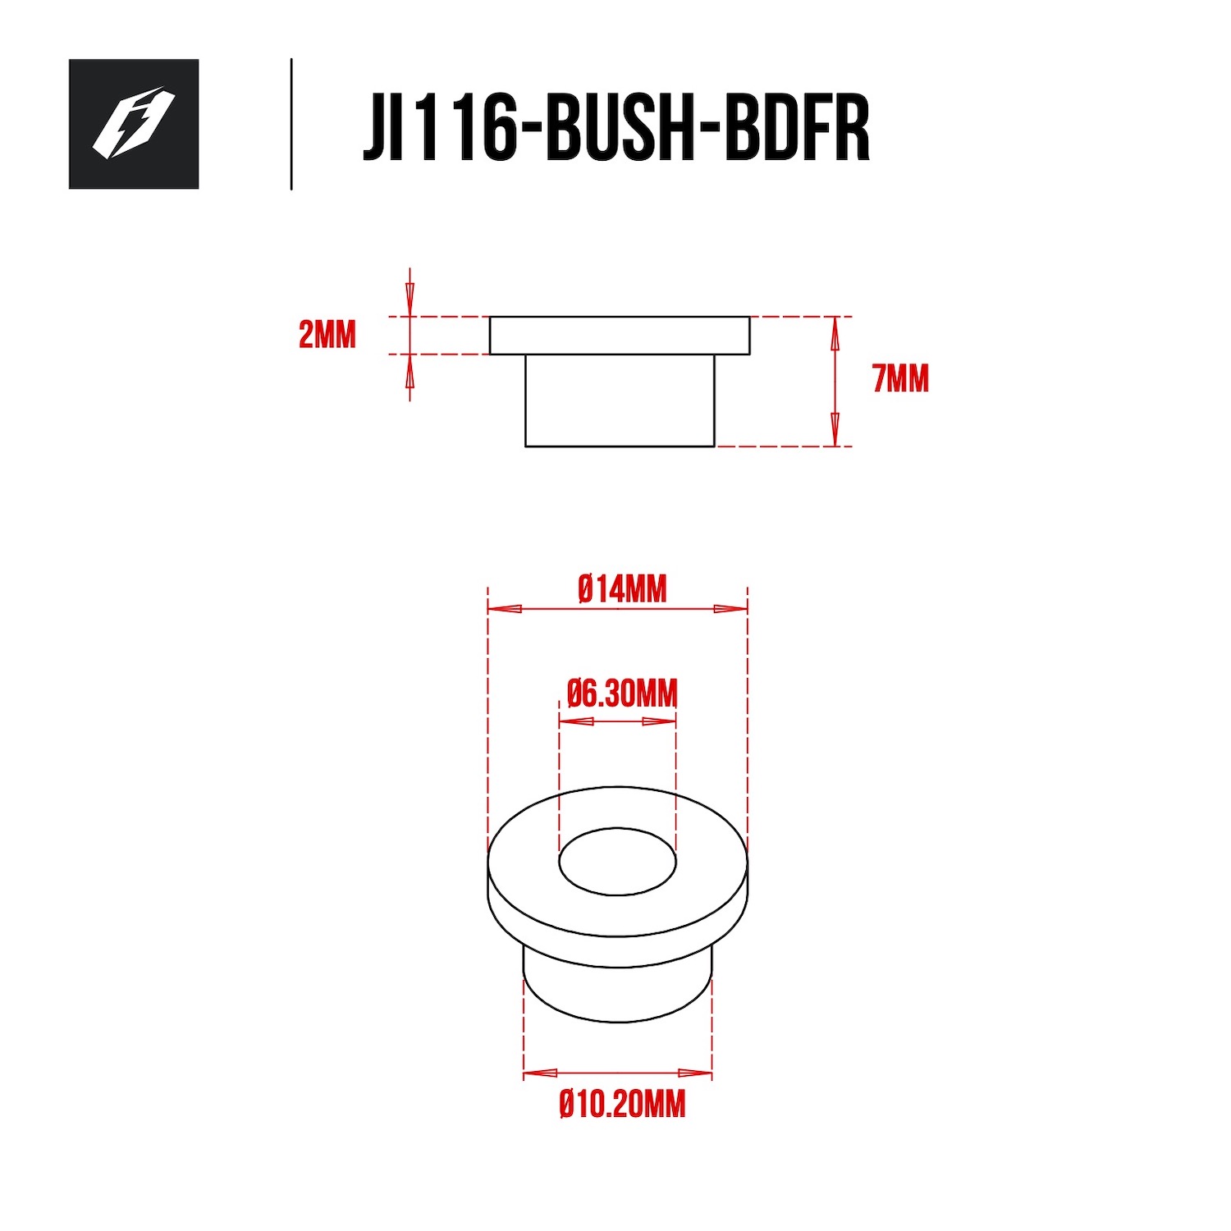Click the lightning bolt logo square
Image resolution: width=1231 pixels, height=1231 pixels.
pyautogui.click(x=134, y=124)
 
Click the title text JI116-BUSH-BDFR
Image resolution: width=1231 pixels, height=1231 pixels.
pyautogui.click(x=616, y=127)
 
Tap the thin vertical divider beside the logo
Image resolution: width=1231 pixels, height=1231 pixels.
pyautogui.click(x=291, y=124)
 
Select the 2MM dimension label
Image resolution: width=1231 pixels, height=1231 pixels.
pyautogui.click(x=327, y=335)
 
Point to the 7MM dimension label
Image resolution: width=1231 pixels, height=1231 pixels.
pyautogui.click(x=901, y=379)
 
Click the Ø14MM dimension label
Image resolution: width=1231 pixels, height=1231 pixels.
pyautogui.click(x=622, y=589)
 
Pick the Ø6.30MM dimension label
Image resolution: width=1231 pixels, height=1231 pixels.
pyautogui.click(x=622, y=694)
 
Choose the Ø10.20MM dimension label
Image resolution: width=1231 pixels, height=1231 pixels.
pyautogui.click(x=622, y=1105)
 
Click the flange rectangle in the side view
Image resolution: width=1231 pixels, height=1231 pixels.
pyautogui.click(x=620, y=336)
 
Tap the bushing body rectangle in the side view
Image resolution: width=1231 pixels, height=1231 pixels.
pyautogui.click(x=620, y=400)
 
